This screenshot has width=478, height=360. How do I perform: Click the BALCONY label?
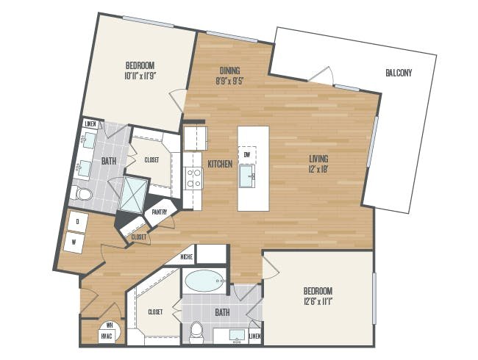pos(399,73)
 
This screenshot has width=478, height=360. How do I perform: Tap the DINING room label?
pos(230,71)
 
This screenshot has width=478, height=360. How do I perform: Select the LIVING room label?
pos(318,159)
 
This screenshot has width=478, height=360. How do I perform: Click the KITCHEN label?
pos(220,164)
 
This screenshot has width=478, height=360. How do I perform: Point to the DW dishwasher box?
pos(247,155)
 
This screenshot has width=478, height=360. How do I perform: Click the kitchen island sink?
pos(246,176)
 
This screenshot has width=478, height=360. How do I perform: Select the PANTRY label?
pos(160,212)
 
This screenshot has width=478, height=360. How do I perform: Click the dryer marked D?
pos(78,222)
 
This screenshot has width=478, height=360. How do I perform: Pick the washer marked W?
pos(74,242)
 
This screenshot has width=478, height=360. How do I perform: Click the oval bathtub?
pos(204,281)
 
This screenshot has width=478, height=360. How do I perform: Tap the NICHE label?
pos(186,257)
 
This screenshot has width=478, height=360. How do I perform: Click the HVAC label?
pos(107,336)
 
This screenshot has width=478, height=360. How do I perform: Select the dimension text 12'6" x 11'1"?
pos(318,302)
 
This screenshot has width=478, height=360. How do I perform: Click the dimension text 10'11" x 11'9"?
pos(140,76)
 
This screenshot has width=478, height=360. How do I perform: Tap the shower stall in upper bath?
pos(133,194)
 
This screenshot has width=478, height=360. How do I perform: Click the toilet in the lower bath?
pos(196,332)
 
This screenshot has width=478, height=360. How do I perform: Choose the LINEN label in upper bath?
pos(90,124)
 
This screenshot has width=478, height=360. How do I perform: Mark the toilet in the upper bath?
pos(81,193)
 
